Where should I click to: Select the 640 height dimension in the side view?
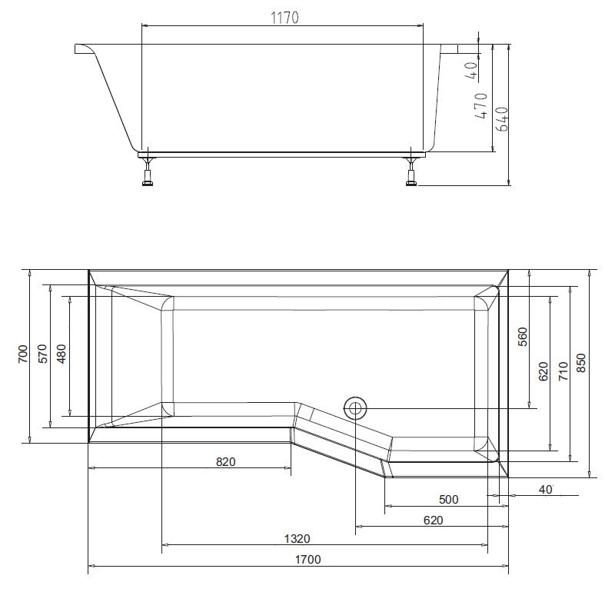[x=503, y=115]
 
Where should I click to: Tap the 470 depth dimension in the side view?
[x=481, y=105]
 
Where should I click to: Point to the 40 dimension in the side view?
[x=470, y=71]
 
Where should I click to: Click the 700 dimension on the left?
[x=22, y=354]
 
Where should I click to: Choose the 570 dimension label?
[x=43, y=354]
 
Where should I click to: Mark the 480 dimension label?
[x=61, y=354]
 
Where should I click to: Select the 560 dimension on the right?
[x=523, y=338]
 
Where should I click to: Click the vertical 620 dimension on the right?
[x=543, y=371]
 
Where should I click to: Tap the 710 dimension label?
[x=563, y=371]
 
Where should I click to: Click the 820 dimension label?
[x=225, y=462]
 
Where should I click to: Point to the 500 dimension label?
[x=448, y=500]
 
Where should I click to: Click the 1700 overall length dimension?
[x=307, y=560]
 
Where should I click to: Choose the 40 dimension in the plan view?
[x=546, y=490]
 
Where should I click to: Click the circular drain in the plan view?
[x=356, y=407]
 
